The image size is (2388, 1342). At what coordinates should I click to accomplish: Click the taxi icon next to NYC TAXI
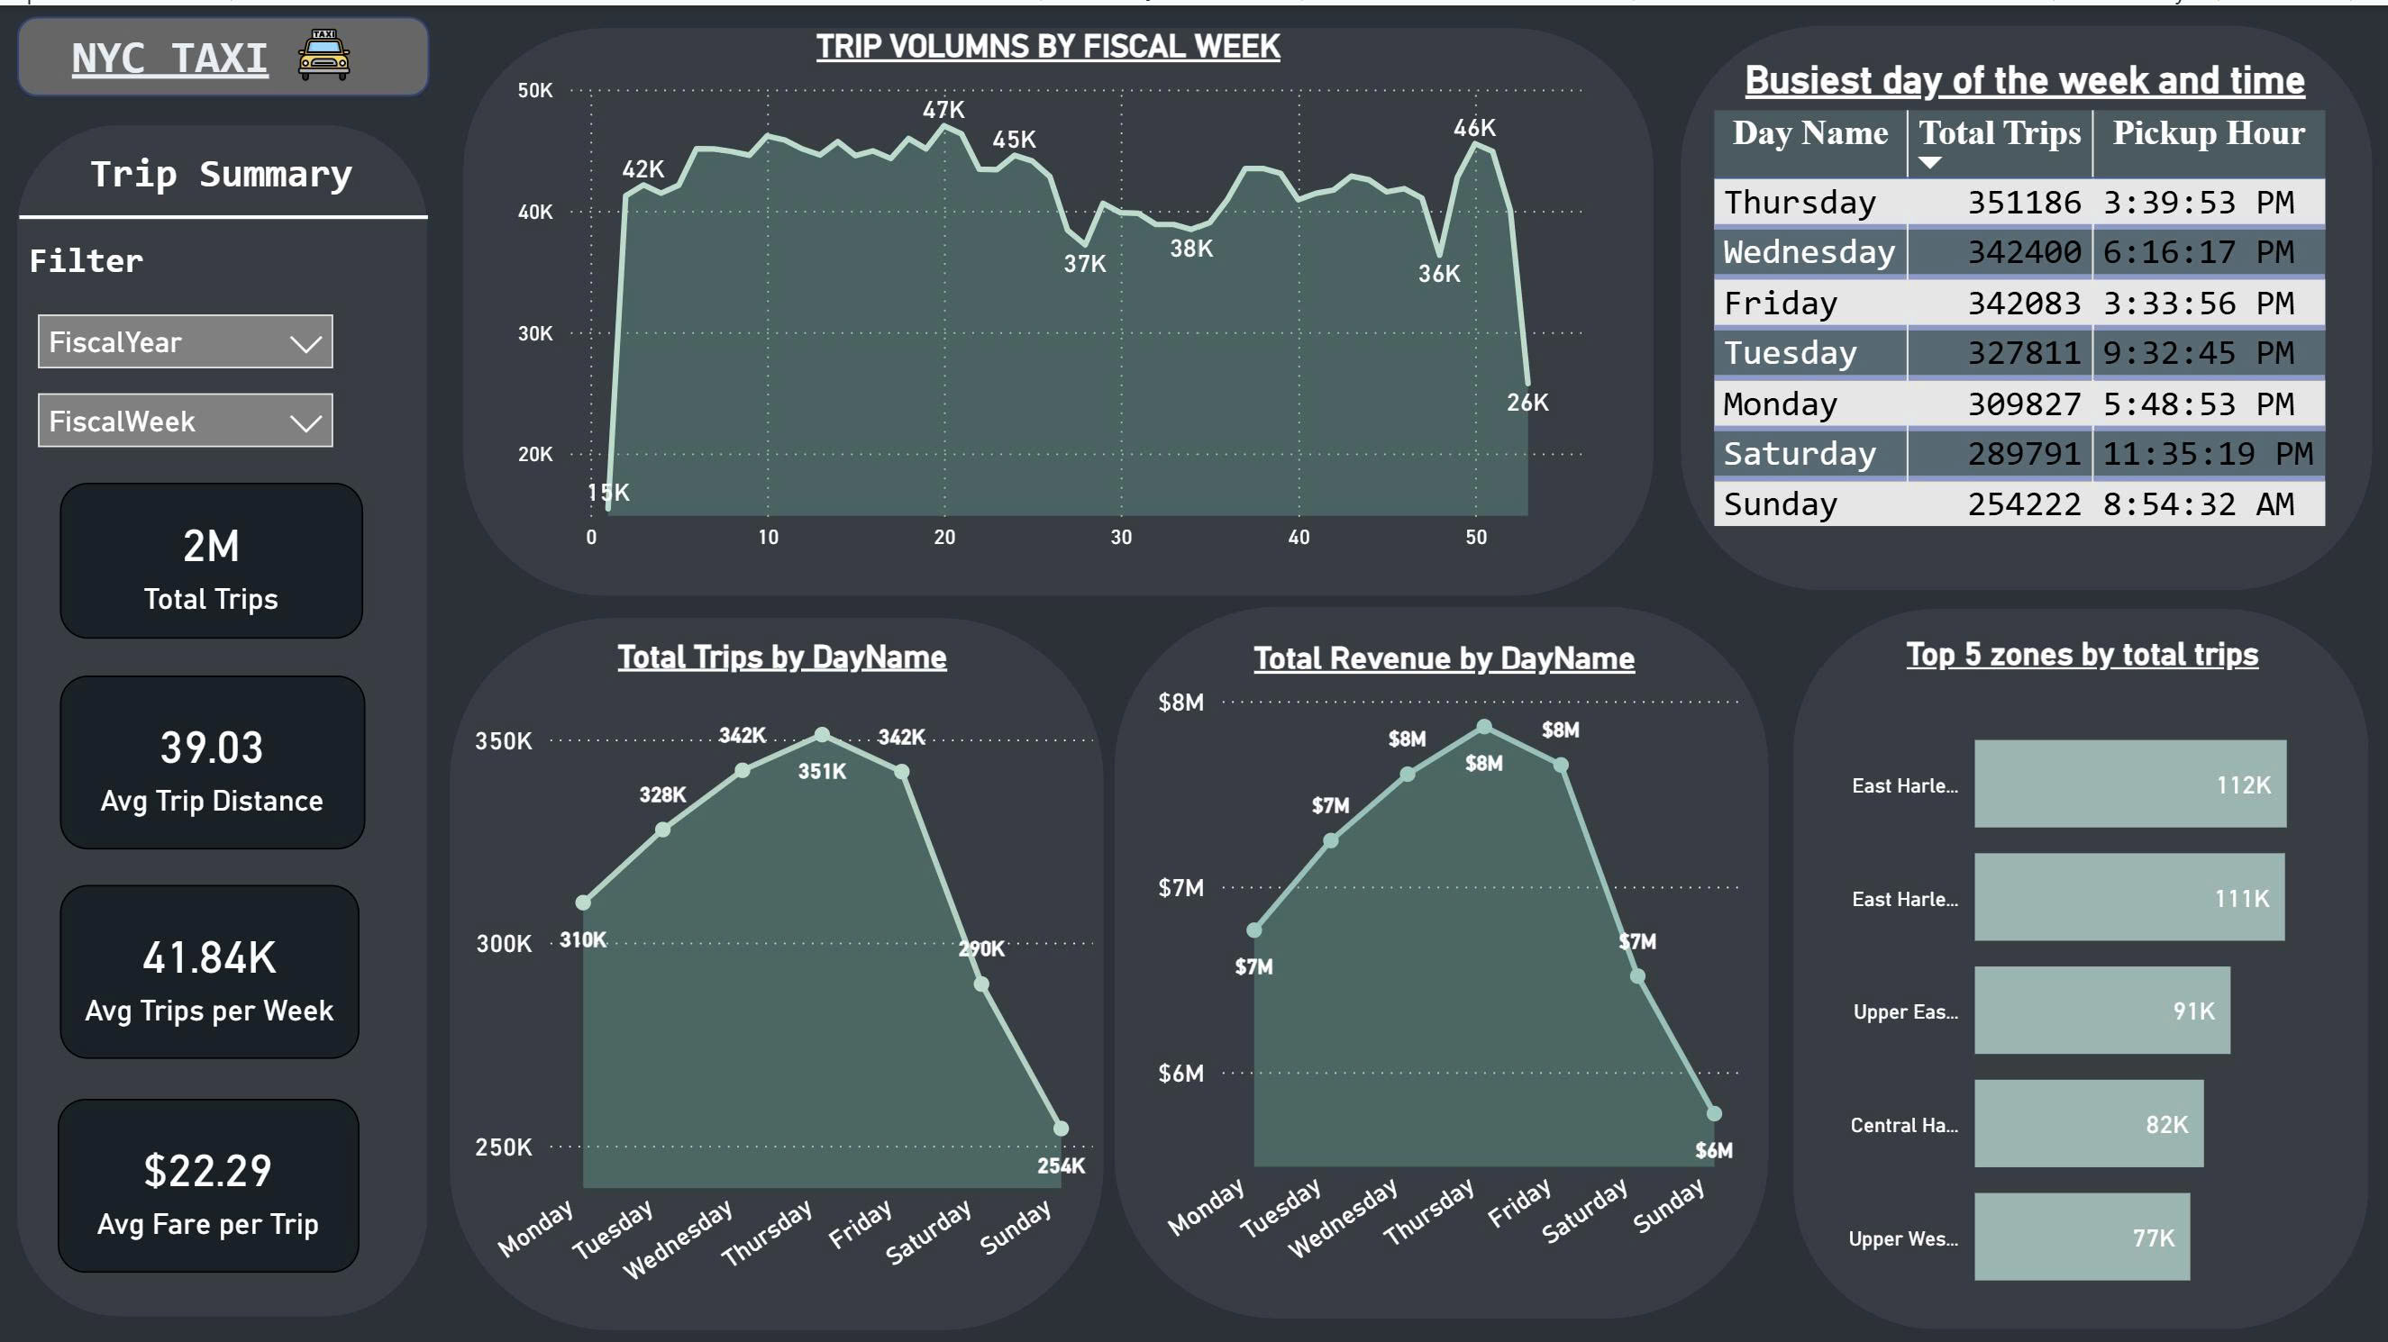[x=324, y=55]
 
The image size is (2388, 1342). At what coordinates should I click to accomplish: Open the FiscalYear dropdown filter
[x=186, y=342]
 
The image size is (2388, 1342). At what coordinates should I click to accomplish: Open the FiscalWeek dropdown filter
[x=186, y=421]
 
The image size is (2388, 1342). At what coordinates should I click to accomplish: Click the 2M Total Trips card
[x=212, y=562]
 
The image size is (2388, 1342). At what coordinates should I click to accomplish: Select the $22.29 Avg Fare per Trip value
[x=207, y=1171]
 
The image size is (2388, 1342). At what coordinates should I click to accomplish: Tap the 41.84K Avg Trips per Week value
[x=209, y=957]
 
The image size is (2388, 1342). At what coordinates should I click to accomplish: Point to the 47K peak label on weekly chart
[x=943, y=109]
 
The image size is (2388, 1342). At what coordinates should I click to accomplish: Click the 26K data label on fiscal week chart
[x=1527, y=403]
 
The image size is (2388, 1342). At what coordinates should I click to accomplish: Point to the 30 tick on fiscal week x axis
[x=1121, y=537]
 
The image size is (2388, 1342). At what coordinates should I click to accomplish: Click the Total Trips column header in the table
[x=2000, y=133]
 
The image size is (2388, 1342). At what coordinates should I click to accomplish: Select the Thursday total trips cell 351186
[x=2024, y=202]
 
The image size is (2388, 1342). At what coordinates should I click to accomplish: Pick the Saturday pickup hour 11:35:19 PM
[x=2207, y=453]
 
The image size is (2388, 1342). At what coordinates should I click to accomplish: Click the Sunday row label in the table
[x=1780, y=504]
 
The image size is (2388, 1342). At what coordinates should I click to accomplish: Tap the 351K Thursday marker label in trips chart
[x=821, y=771]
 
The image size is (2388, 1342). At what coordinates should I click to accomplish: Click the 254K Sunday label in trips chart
[x=1061, y=1165]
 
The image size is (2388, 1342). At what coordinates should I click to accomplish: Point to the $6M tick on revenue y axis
[x=1180, y=1074]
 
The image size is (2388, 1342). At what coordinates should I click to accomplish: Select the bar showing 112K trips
[x=2129, y=784]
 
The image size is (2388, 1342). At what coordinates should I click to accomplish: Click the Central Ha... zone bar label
[x=1904, y=1125]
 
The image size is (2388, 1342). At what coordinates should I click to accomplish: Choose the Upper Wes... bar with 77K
[x=2081, y=1238]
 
